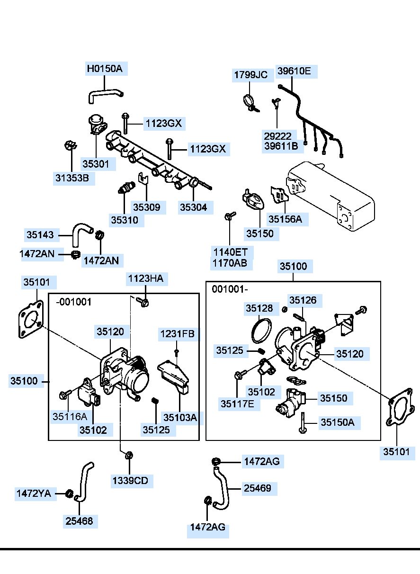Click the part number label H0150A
pos(104,69)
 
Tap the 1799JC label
pos(250,75)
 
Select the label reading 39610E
pos(294,72)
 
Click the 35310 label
pos(125,220)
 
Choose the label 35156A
pos(285,219)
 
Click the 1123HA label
pos(145,279)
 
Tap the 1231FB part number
pos(177,334)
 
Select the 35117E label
pos(237,404)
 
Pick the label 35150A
pos(337,422)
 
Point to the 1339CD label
pos(130,481)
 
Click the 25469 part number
pos(258,488)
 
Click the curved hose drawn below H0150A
pos(104,95)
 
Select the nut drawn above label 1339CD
pos(128,456)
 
